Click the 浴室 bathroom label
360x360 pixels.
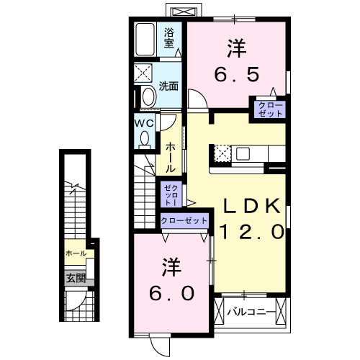[170, 37]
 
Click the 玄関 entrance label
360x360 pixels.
[76, 277]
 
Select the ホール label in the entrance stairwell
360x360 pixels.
[75, 253]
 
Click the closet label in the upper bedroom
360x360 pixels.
[269, 109]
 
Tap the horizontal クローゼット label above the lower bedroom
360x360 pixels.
[184, 220]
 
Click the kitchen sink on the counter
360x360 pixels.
[242, 153]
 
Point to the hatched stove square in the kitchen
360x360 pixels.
[221, 153]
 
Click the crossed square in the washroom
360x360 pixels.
[143, 73]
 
